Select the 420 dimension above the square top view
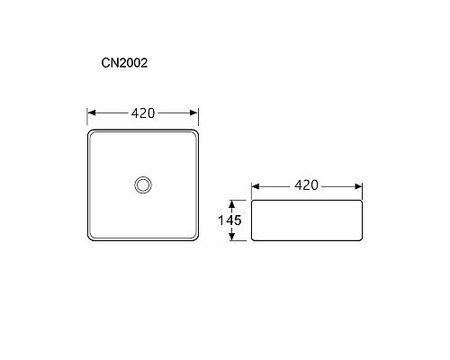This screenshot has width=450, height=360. click(x=143, y=113)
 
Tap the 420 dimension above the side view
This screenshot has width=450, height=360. click(x=307, y=185)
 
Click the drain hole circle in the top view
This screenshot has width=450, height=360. click(x=142, y=184)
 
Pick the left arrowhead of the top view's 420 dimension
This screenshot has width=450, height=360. click(x=92, y=113)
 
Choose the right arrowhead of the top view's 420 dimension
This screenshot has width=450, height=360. click(x=193, y=113)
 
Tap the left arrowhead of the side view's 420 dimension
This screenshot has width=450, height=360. click(x=256, y=185)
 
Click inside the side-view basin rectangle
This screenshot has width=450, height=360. click(x=306, y=220)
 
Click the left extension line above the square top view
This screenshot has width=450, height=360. click(x=87, y=121)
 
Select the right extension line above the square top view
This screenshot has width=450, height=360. click(x=198, y=121)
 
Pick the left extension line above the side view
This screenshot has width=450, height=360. click(x=251, y=191)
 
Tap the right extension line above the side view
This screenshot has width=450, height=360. click(x=362, y=191)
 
